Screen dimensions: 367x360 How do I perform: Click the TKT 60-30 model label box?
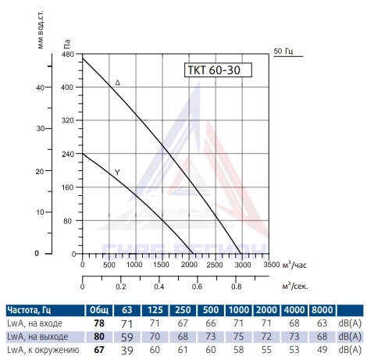pyautogui.click(x=218, y=70)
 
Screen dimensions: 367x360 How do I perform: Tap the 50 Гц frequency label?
pyautogui.click(x=283, y=51)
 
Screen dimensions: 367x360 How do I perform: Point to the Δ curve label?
pyautogui.click(x=118, y=83)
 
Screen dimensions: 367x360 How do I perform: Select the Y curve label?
pyautogui.click(x=117, y=173)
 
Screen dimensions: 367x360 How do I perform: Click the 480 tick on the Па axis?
pyautogui.click(x=68, y=55)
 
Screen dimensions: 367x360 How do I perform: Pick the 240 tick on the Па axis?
pyautogui.click(x=68, y=154)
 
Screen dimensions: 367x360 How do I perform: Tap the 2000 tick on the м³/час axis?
pyautogui.click(x=189, y=265)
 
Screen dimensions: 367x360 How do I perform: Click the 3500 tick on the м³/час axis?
pyautogui.click(x=272, y=265)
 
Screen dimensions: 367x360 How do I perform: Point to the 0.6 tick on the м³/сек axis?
pyautogui.click(x=197, y=287)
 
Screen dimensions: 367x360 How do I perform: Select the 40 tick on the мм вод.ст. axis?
pyautogui.click(x=41, y=87)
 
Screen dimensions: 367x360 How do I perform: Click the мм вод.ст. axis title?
pyautogui.click(x=41, y=30)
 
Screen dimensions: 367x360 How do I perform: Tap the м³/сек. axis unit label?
pyautogui.click(x=295, y=286)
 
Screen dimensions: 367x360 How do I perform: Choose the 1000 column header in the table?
pyautogui.click(x=239, y=310)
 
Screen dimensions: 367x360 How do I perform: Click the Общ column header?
pyautogui.click(x=99, y=310)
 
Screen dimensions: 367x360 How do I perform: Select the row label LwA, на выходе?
pyautogui.click(x=37, y=337)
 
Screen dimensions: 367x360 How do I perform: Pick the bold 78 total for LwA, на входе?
pyautogui.click(x=99, y=323)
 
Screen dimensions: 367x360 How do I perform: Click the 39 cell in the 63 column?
pyautogui.click(x=127, y=351)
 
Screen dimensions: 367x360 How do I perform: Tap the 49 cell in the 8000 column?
pyautogui.click(x=322, y=350)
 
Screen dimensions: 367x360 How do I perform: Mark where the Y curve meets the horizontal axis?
pyautogui.click(x=193, y=254)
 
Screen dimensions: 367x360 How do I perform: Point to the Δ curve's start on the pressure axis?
pyautogui.click(x=83, y=58)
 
